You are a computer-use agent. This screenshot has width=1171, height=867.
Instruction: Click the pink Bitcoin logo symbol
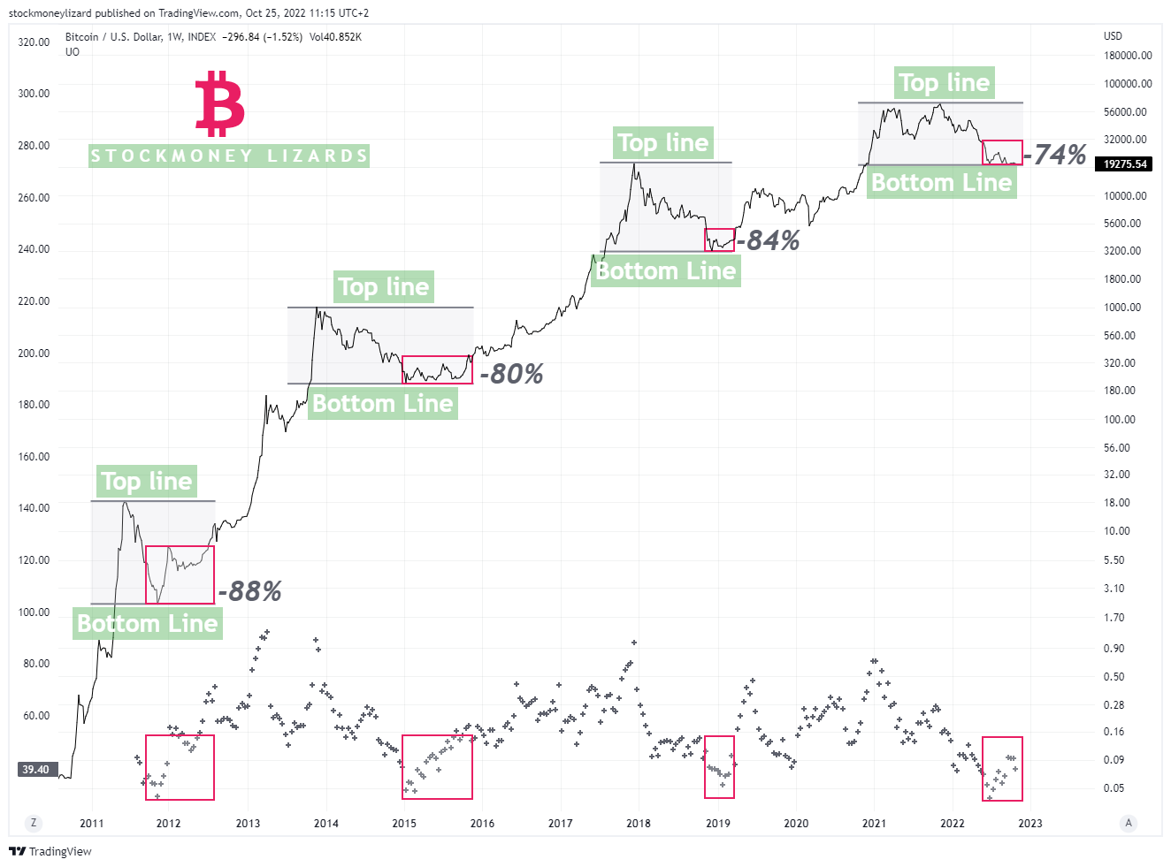click(219, 104)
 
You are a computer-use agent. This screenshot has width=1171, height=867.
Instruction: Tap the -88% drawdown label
click(250, 591)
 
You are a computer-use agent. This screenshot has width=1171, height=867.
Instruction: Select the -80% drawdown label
click(511, 374)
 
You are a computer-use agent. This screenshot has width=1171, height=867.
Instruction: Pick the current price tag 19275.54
click(1125, 164)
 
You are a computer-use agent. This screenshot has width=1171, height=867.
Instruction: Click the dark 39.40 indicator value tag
click(36, 770)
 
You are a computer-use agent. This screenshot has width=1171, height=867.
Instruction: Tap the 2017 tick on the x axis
click(560, 824)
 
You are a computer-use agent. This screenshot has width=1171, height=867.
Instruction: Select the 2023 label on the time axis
click(1030, 824)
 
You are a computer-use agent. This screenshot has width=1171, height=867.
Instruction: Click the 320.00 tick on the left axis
click(34, 42)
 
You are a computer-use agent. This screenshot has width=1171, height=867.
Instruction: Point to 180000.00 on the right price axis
click(1128, 56)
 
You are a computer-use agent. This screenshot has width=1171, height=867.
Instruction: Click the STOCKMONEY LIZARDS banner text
click(229, 156)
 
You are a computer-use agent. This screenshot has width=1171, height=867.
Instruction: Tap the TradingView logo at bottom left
click(50, 851)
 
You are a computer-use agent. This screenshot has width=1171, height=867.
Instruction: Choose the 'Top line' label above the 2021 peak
click(944, 83)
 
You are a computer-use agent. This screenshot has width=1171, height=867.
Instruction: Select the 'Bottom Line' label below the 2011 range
click(147, 624)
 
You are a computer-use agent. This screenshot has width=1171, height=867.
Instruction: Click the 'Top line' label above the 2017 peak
click(662, 143)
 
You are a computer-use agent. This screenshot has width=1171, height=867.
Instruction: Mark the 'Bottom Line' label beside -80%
click(382, 404)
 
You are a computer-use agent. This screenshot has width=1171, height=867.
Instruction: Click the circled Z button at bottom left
click(34, 823)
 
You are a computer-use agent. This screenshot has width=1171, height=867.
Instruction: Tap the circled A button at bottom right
click(1129, 823)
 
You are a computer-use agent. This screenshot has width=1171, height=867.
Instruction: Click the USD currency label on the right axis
click(1113, 36)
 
